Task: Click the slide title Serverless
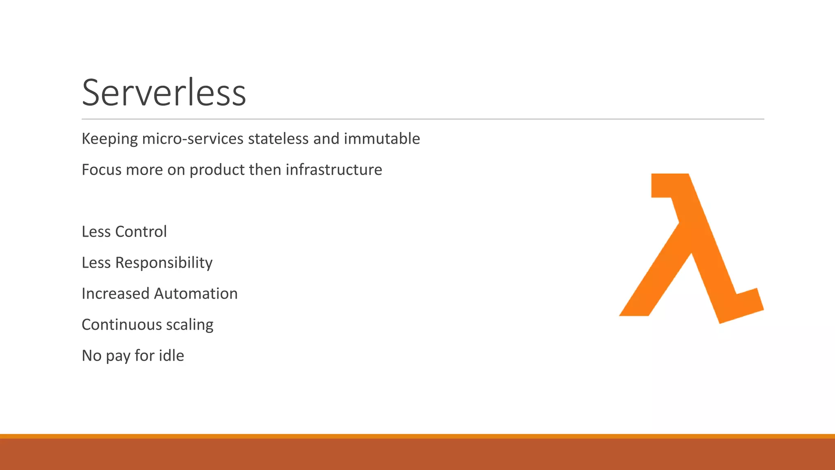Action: (164, 93)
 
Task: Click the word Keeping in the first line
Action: (110, 139)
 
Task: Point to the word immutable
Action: (382, 139)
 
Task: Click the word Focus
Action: (102, 170)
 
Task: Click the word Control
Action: (141, 232)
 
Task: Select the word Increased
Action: (115, 294)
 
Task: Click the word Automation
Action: (196, 294)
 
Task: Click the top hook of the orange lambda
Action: (665, 186)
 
